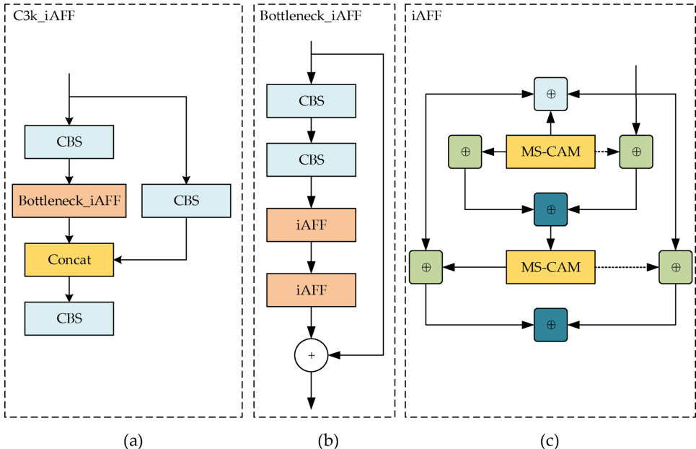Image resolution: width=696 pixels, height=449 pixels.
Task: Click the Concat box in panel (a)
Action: click(x=69, y=260)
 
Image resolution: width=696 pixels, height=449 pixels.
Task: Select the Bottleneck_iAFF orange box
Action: click(x=69, y=200)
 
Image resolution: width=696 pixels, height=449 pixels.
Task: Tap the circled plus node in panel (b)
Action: click(x=311, y=355)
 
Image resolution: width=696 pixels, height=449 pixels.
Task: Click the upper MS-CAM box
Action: click(x=551, y=152)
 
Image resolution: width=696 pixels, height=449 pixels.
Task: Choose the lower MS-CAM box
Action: click(x=551, y=266)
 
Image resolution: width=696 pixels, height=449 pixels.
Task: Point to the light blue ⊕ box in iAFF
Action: click(x=551, y=94)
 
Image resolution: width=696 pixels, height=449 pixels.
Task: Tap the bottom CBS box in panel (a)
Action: click(x=69, y=318)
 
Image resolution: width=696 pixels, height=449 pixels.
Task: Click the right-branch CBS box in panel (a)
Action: click(x=186, y=200)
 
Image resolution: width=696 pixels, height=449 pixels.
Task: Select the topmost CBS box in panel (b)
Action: click(x=311, y=100)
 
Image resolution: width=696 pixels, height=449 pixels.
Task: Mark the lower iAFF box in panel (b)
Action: click(x=311, y=290)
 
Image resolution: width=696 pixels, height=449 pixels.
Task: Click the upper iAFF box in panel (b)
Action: click(x=311, y=225)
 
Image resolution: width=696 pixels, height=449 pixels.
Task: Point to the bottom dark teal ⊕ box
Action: click(x=551, y=324)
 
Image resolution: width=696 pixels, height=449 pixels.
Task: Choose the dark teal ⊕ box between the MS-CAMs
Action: click(x=551, y=209)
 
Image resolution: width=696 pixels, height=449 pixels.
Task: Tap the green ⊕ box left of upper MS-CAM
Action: click(x=465, y=152)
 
